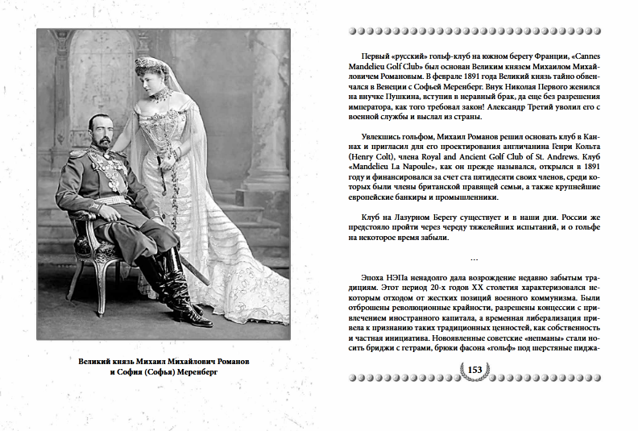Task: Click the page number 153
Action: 474,370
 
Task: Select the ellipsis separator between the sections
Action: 474,258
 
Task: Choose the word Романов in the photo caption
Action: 227,363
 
